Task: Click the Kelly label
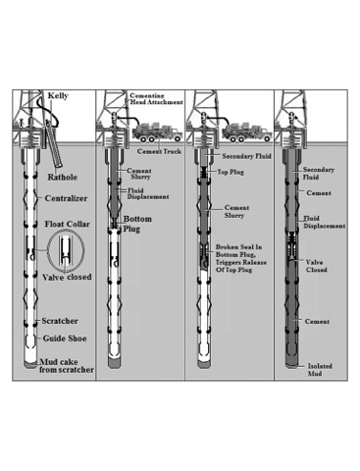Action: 58,96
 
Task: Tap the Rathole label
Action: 63,178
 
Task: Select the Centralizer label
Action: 66,198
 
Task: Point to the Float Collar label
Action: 67,224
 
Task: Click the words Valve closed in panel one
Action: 67,277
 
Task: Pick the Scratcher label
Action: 60,321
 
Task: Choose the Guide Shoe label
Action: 65,339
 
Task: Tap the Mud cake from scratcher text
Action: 67,366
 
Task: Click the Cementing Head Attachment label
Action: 156,99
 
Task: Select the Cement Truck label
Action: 159,151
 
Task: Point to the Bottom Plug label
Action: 137,224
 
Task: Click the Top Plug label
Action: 231,172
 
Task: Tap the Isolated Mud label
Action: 320,370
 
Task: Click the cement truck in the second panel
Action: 157,132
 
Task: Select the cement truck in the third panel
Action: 246,132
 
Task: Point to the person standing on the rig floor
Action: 22,123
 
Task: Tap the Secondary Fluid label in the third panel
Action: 246,156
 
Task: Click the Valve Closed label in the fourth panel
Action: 317,266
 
